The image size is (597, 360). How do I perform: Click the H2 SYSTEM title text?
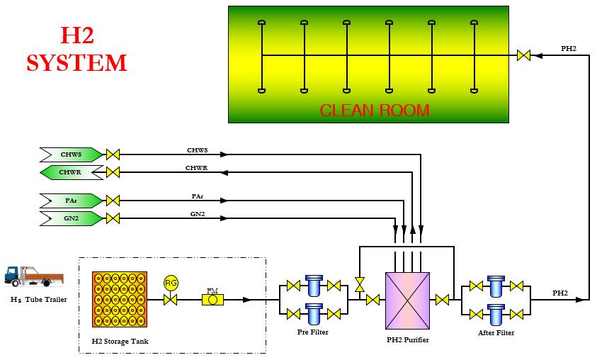point(76,49)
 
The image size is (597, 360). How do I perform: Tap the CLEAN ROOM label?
point(375,111)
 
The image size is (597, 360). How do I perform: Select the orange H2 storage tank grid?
point(120,299)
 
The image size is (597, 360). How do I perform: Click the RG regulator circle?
point(170,283)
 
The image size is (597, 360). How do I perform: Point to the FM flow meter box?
point(212,300)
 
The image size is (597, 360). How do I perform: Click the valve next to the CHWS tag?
point(113,154)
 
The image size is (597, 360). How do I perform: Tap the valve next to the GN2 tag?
point(113,218)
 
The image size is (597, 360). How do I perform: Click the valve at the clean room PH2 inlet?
point(525,55)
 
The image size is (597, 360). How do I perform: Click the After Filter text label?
point(496,332)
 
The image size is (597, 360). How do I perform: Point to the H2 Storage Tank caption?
point(120,342)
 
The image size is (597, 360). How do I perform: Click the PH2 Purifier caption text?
point(407,340)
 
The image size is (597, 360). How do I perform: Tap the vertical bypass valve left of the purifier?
point(360,284)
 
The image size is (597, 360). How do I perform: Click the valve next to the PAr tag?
point(113,200)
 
